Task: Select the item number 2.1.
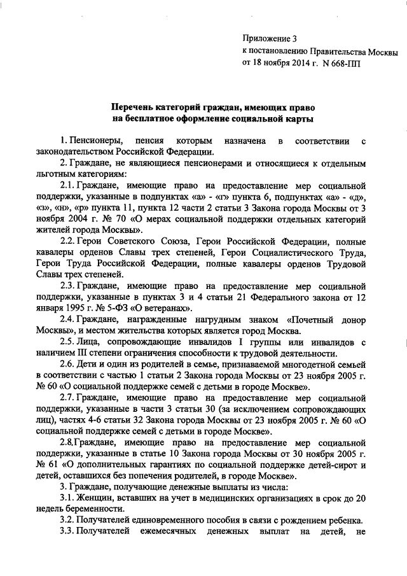tap(67, 185)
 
